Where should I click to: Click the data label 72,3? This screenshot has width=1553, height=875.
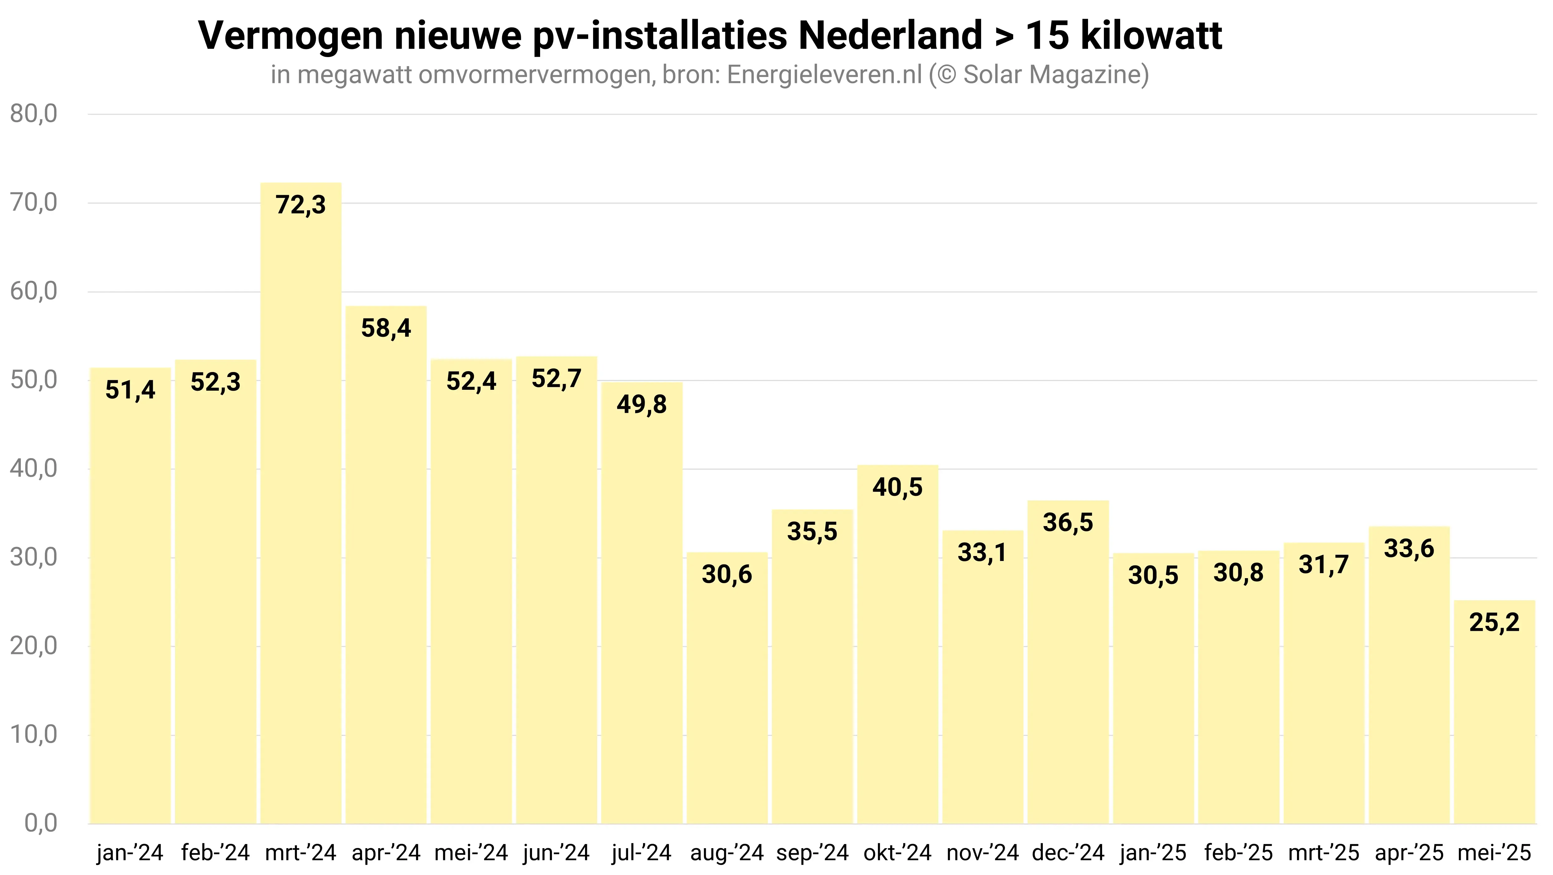coord(301,205)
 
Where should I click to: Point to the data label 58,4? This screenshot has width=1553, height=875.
coord(386,328)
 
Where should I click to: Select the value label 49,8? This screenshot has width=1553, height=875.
coord(641,404)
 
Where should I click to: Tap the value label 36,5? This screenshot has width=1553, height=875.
coord(1068,522)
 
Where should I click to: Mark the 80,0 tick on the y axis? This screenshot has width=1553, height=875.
coord(34,114)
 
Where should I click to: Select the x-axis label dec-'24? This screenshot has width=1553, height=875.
coord(1068,853)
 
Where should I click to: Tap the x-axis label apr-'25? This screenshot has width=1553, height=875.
coord(1409,853)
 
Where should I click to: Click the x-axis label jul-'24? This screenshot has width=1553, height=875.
coord(641,853)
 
